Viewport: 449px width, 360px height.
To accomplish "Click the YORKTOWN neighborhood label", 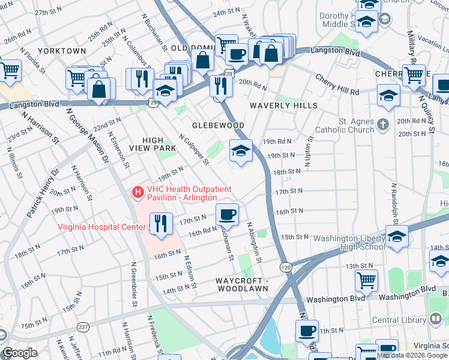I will [62, 51].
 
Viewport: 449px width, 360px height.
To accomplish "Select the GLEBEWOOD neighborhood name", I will [218, 125].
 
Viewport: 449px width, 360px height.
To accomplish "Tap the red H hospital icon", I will [138, 193].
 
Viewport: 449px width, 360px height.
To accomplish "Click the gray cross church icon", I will [384, 125].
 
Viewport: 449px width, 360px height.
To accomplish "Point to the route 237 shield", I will [82, 327].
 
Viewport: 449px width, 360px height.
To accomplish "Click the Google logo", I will [20, 353].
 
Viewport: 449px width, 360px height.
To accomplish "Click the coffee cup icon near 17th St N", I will [227, 214].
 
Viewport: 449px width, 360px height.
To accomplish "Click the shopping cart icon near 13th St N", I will [366, 279].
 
